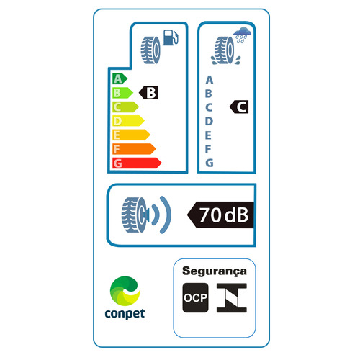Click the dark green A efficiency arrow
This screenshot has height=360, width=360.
120,79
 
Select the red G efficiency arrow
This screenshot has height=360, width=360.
137,163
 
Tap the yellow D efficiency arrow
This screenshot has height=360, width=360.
128,121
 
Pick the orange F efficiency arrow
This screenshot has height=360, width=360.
134,149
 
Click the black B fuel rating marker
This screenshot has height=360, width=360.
148,93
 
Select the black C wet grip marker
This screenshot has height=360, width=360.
239,107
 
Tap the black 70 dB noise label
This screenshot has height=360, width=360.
220,215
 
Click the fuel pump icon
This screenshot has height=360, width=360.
171,37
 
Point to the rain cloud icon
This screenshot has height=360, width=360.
243,35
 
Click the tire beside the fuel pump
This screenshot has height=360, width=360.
150,50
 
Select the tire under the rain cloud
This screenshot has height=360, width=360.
225,50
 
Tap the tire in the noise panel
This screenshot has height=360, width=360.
135,215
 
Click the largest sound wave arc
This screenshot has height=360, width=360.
168,215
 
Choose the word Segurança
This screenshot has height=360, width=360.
215,271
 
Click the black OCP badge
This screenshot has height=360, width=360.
195,297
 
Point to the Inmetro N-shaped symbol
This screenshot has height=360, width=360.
232,297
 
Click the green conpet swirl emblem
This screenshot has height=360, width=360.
125,291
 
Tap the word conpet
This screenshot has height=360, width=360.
125,314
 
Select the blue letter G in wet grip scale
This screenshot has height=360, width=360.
210,163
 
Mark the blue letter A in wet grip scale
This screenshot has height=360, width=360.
210,80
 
